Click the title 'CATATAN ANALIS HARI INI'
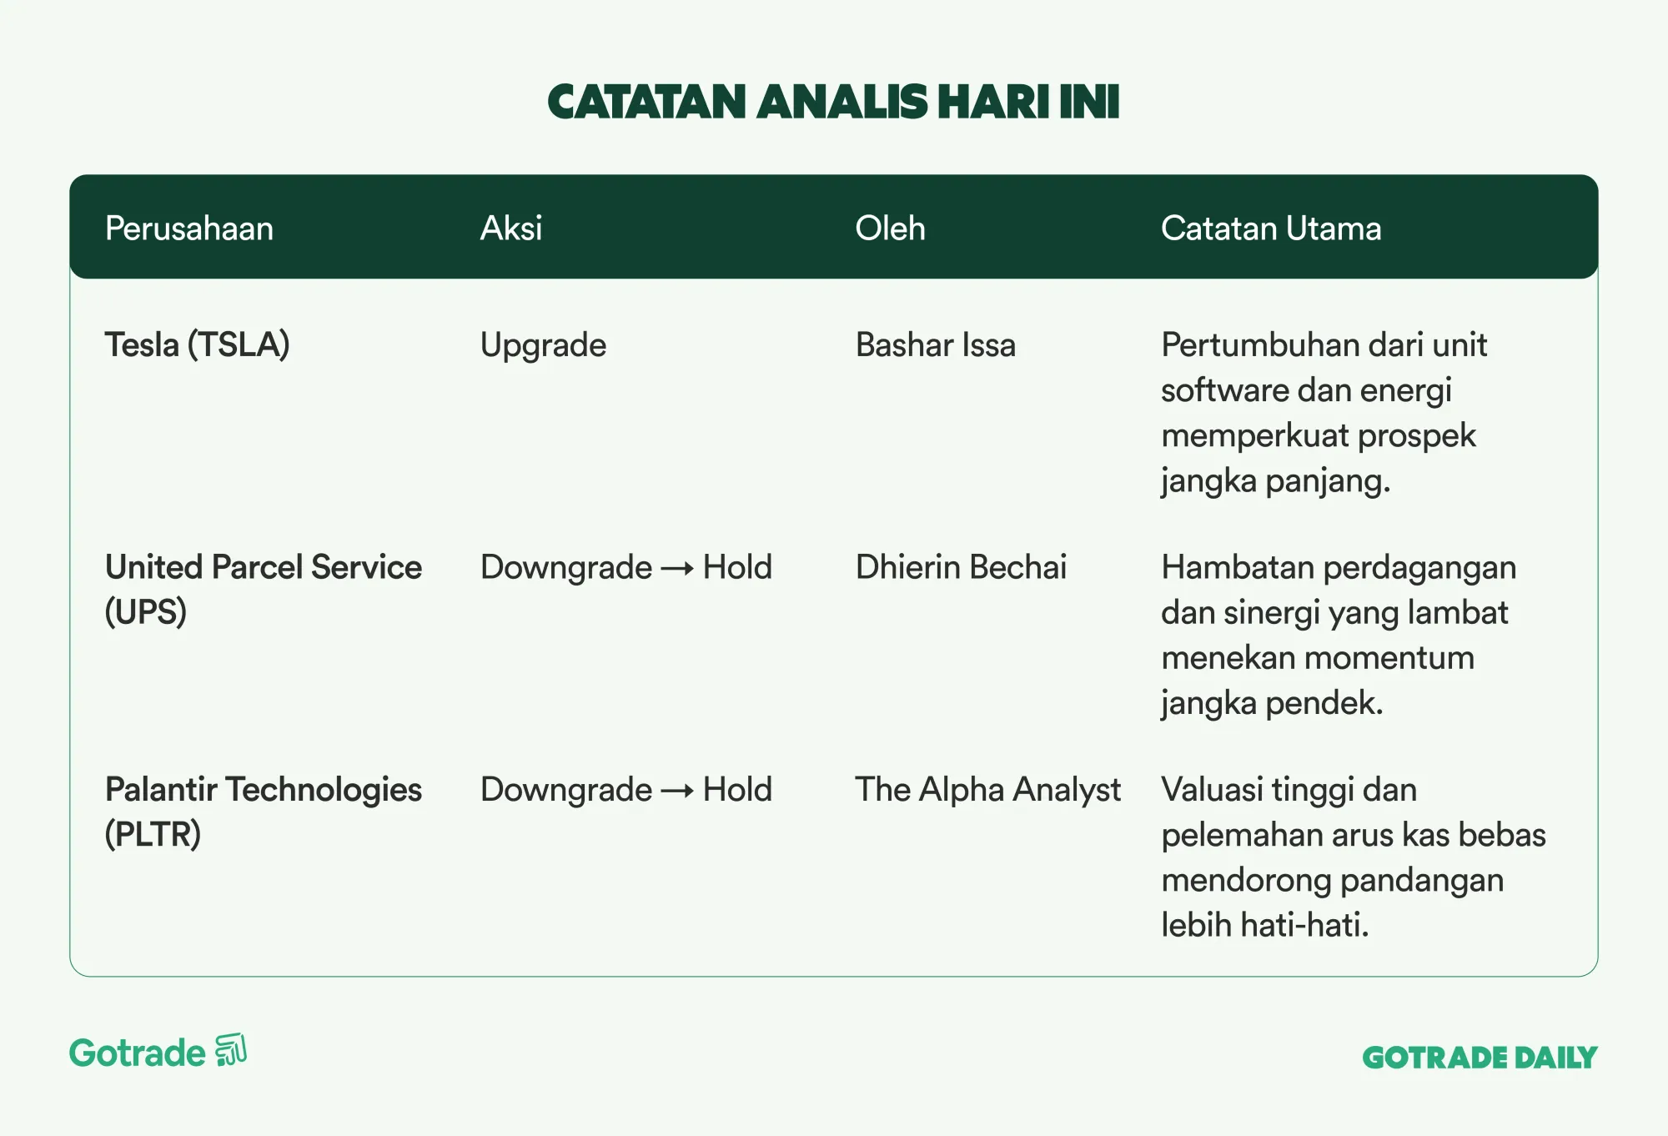coord(833,102)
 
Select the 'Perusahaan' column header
coord(189,229)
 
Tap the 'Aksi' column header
coord(511,229)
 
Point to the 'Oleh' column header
coord(890,229)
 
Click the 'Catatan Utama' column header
coord(1271,229)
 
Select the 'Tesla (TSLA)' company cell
coord(197,345)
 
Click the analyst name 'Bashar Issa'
coord(936,345)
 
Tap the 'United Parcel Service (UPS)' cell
coord(264,590)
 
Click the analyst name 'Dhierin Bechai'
coord(961,568)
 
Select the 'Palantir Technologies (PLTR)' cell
coord(264,812)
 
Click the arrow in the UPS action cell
coord(677,570)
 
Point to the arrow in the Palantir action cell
coord(677,792)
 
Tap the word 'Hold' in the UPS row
coord(737,568)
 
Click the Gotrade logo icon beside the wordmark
coord(231,1050)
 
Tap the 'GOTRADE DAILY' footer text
coord(1480,1058)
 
